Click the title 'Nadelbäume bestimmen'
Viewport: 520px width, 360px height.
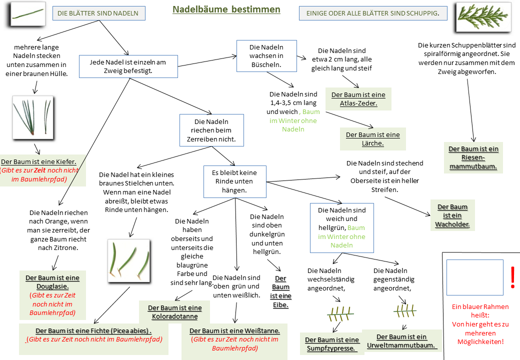(226, 9)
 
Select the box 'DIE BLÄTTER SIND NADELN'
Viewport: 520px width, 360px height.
(98, 13)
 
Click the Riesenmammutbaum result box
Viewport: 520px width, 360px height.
(473, 157)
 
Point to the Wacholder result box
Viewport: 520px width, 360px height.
(452, 215)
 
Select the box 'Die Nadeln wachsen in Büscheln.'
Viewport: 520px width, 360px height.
(266, 55)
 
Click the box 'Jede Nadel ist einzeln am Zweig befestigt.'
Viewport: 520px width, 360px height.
(128, 66)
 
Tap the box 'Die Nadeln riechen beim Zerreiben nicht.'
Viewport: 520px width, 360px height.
(211, 130)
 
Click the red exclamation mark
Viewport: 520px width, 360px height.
(512, 277)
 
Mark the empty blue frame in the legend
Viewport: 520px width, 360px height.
(474, 277)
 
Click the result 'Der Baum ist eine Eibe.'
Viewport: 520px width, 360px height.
(281, 291)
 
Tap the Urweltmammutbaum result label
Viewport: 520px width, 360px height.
(401, 341)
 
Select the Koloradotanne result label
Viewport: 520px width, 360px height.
(174, 312)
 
